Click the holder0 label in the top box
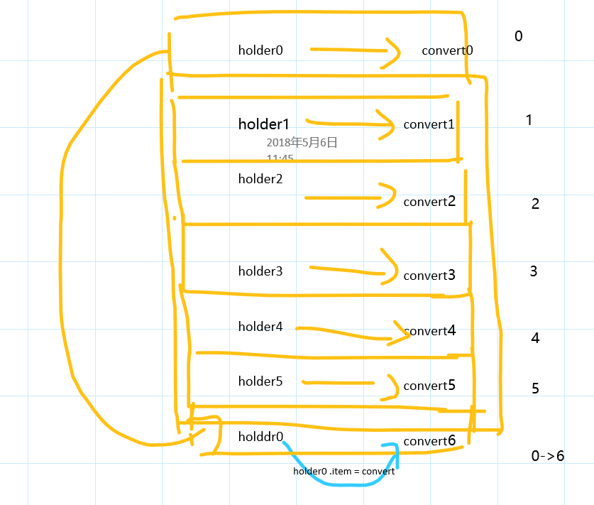click(260, 50)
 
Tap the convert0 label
click(447, 50)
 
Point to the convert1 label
click(429, 124)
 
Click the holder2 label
click(260, 179)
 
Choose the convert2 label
click(429, 202)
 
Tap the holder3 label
click(260, 271)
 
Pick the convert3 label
click(429, 276)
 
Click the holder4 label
click(260, 327)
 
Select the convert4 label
click(429, 331)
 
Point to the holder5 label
click(260, 381)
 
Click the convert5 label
click(429, 386)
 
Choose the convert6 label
click(429, 441)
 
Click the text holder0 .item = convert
click(343, 471)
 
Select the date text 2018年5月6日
click(302, 143)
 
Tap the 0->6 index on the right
click(547, 456)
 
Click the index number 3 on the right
click(533, 271)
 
